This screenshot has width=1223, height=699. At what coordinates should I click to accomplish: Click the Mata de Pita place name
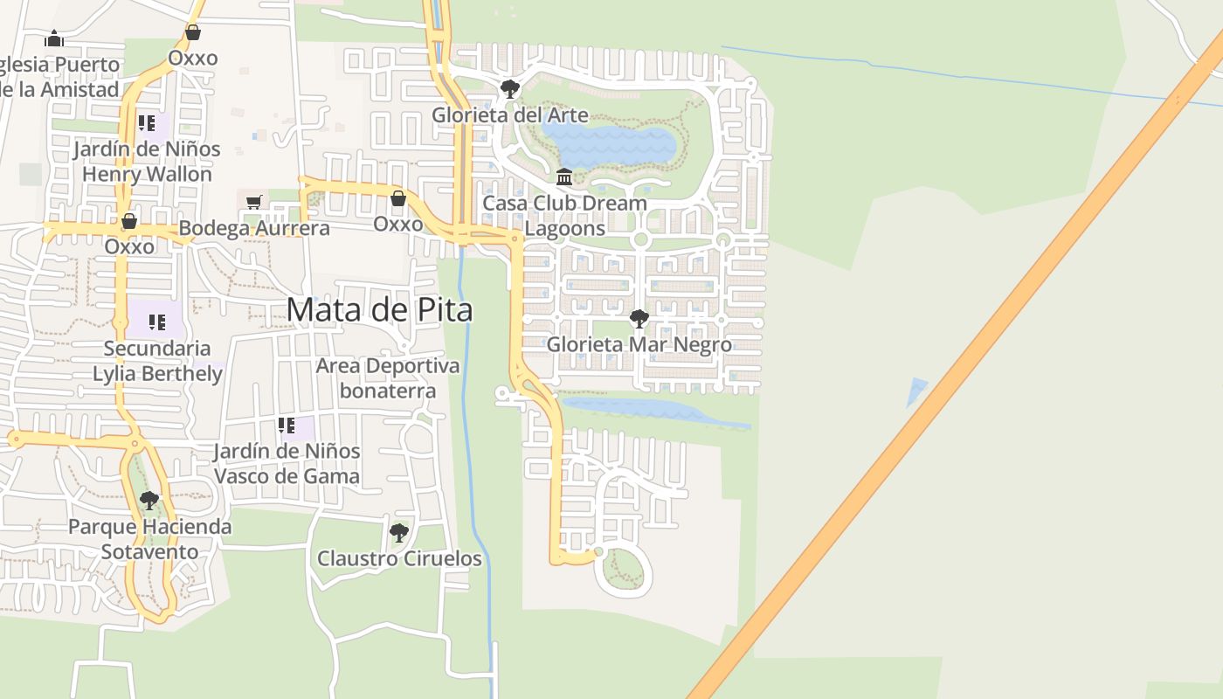tap(379, 310)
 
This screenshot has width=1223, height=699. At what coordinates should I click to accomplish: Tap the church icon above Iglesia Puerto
tap(54, 38)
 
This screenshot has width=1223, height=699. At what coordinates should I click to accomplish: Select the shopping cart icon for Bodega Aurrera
tap(254, 203)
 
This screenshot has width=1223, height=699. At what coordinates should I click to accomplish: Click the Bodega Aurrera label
tap(254, 229)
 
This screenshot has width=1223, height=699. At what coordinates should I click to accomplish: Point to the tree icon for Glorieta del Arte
tap(509, 89)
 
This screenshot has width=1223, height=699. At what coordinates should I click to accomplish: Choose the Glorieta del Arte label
tap(510, 115)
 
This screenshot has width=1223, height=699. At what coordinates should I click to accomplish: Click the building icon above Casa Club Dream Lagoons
tap(564, 177)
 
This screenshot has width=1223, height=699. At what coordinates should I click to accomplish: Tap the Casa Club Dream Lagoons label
tap(565, 216)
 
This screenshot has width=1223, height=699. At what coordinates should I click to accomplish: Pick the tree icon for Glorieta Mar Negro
tap(639, 319)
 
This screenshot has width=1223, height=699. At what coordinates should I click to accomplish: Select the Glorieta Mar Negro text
tap(639, 345)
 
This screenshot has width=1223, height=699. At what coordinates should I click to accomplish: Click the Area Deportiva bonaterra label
tap(388, 377)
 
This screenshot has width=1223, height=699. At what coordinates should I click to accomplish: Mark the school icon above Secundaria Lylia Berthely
tap(157, 322)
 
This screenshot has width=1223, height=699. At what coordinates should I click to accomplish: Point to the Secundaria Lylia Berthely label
tap(157, 361)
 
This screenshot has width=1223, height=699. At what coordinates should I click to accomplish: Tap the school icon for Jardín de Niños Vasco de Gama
tap(287, 426)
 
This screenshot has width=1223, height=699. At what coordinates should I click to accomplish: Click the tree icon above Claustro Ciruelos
tap(399, 532)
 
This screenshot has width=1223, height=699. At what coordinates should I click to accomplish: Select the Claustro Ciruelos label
tap(399, 558)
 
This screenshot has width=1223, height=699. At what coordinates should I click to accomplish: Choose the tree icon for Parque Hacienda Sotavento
tap(149, 501)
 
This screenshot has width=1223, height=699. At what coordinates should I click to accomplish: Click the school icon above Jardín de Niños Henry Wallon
tap(147, 123)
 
